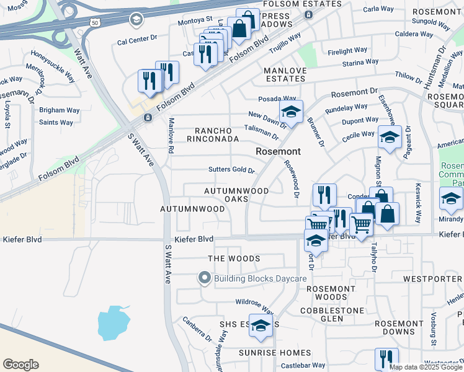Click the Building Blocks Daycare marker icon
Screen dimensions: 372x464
point(205,279)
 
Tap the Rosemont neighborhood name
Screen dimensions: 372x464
point(279,151)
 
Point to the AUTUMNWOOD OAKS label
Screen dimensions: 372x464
point(236,195)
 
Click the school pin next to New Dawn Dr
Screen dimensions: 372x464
point(290,113)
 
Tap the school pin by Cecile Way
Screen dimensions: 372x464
point(389,138)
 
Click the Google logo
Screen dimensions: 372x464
point(20,364)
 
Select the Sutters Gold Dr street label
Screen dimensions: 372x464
point(231,170)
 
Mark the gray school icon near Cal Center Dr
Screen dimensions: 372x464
point(135,20)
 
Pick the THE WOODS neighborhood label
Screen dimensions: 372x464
point(234,258)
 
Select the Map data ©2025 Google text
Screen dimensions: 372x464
point(426,367)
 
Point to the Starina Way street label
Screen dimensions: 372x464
point(359,63)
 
